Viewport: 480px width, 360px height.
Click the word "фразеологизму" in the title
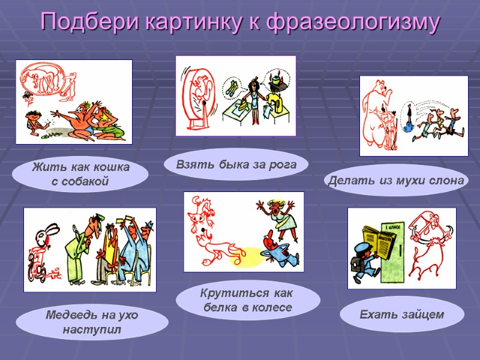click(353, 22)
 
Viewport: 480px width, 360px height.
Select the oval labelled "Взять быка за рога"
click(236, 164)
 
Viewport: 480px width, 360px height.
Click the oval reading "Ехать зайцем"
click(401, 314)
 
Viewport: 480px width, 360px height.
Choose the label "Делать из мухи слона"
click(397, 181)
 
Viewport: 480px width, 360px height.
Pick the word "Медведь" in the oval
click(65, 315)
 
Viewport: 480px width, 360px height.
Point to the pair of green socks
click(231, 89)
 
